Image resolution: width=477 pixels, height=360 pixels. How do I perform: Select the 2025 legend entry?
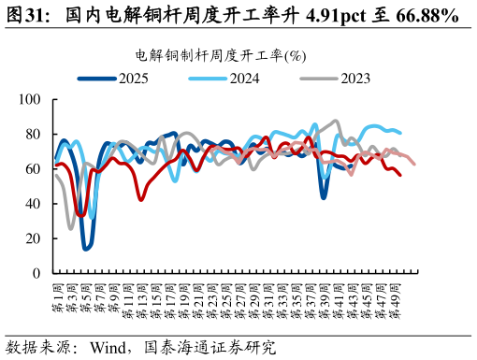133,78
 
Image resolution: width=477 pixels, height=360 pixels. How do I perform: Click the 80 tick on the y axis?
33,134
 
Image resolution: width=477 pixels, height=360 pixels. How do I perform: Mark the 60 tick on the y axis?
33,168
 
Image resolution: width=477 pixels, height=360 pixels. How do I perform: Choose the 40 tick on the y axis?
33,204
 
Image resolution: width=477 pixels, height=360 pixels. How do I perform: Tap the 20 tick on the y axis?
33,238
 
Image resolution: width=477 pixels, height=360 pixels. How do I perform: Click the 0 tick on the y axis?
36,273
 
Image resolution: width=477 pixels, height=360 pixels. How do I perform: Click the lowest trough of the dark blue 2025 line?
86,249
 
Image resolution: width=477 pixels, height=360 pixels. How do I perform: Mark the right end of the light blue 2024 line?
400,133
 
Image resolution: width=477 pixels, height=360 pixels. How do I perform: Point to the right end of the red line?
400,175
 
